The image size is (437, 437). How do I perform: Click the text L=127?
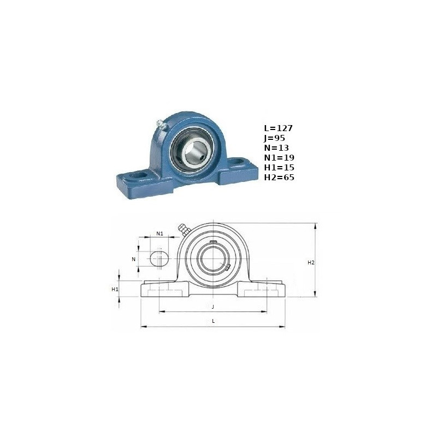click(279, 128)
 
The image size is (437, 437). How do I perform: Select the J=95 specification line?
click(275, 138)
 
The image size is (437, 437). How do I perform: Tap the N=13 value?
click(276, 147)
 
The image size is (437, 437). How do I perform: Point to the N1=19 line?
click(279, 157)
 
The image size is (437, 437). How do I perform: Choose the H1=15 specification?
click(279, 167)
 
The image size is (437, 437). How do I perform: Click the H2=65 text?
click(279, 177)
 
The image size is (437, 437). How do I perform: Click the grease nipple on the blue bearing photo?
click(161, 124)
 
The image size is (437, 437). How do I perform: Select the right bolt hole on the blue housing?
click(237, 161)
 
